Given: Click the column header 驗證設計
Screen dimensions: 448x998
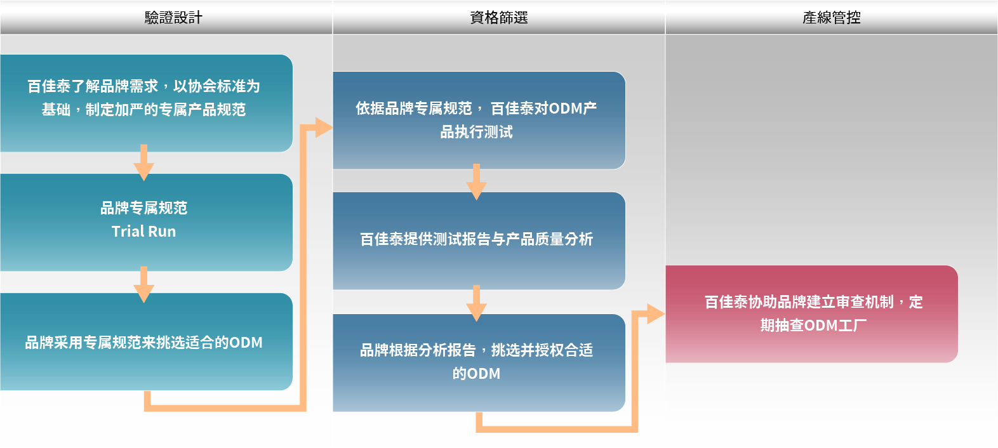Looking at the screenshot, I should coord(173,18).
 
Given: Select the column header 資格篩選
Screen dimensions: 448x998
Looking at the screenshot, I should coord(498,18).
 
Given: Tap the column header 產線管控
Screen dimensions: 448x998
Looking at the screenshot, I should coord(831,18).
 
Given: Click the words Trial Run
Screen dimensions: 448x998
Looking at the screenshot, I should coord(143,232).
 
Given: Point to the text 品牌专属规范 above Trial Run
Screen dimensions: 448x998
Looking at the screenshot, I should coord(143,208).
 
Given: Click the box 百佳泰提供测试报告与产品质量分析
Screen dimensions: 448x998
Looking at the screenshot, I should coord(479,240).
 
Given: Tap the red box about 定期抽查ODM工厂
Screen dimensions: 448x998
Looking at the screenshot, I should coord(811,313).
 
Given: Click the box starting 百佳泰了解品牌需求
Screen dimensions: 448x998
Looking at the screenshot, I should coord(146,103).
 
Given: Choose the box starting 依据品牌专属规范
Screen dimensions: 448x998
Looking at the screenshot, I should coord(479,120).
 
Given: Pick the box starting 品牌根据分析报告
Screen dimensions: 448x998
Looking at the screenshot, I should coord(479,362).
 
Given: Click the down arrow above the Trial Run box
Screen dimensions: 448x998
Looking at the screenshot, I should coord(143,163).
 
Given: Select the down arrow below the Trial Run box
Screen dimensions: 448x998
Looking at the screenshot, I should coord(143,285).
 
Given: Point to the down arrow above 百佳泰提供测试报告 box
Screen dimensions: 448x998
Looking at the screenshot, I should coord(476,183).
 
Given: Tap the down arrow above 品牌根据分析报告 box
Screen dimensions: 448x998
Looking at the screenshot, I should coord(476,304).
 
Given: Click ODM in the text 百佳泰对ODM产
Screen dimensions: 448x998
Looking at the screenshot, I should coord(565,109).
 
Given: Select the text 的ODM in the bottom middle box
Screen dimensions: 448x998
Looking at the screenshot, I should coord(476,374).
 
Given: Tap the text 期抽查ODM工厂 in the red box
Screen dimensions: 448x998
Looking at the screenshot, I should coord(813,326).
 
